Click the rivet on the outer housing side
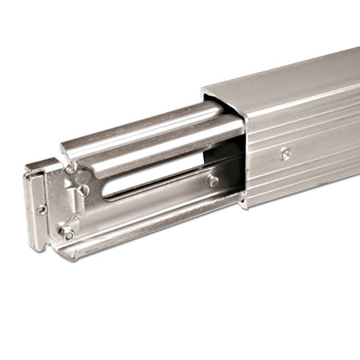pyautogui.click(x=285, y=154)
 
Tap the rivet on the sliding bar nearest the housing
pyautogui.click(x=213, y=181)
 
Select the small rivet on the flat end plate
pyautogui.click(x=41, y=208)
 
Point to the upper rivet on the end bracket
pyautogui.click(x=83, y=189)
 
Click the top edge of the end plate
pyautogui.click(x=39, y=166)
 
